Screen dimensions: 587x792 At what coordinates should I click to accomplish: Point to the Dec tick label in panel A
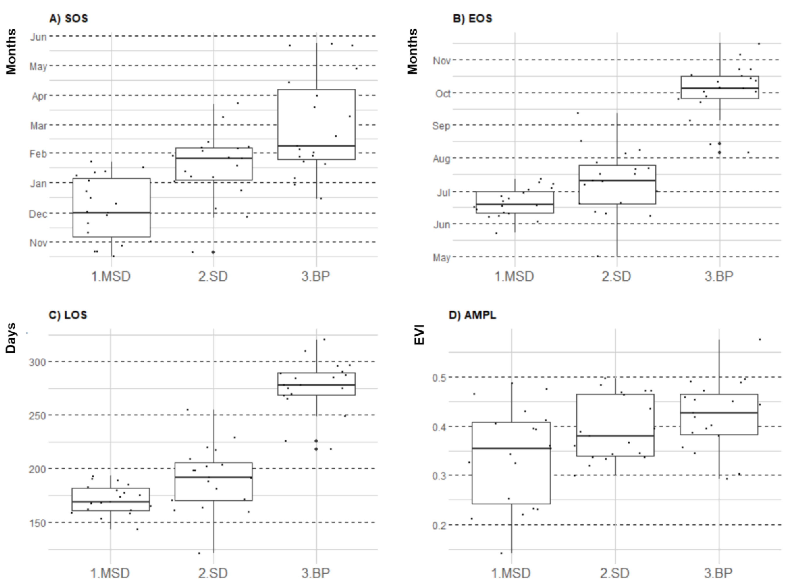click(38, 214)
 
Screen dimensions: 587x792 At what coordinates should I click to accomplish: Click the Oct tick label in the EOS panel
click(443, 94)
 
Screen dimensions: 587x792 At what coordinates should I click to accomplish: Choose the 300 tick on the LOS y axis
click(37, 362)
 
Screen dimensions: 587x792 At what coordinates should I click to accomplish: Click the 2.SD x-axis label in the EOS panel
click(616, 276)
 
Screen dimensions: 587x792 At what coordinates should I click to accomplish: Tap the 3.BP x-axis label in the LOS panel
click(316, 573)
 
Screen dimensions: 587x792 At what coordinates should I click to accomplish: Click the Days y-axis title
click(11, 338)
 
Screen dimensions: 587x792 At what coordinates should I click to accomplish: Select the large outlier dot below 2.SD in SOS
click(213, 252)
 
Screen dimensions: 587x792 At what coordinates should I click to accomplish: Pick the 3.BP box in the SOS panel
click(316, 117)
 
